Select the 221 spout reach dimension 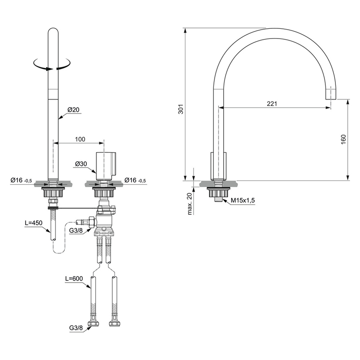click(272, 103)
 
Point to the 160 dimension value click(343, 140)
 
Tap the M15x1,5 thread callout click(243, 201)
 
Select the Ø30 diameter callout click(82, 164)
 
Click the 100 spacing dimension click(80, 139)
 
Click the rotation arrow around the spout click(53, 65)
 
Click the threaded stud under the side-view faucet click(217, 198)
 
